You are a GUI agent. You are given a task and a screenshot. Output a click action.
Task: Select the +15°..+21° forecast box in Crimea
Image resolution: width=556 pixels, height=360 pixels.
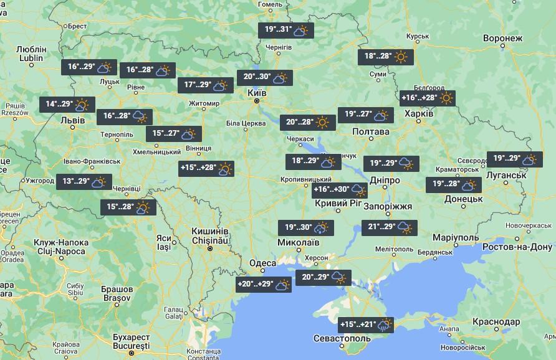[367, 324]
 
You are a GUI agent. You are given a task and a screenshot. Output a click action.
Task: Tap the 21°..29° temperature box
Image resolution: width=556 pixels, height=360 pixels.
[388, 227]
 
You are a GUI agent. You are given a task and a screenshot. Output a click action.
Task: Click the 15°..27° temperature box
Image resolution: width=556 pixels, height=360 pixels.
[174, 134]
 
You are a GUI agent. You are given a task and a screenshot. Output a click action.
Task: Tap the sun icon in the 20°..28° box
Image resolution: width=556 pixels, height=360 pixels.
[322, 122]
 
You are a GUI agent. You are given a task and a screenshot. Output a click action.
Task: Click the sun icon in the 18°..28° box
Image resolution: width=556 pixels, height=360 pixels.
[401, 57]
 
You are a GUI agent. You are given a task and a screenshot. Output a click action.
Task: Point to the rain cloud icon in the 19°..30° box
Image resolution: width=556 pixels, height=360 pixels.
[323, 228]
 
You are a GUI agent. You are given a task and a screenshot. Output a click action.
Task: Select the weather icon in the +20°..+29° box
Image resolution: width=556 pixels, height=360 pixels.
[282, 285]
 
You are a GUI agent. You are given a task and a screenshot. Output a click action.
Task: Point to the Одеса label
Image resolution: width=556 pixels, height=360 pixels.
[262, 263]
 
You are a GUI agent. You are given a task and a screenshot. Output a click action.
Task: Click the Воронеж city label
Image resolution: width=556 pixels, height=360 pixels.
[502, 39]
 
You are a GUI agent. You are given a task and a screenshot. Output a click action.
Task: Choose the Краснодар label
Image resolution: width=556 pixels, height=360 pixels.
[496, 321]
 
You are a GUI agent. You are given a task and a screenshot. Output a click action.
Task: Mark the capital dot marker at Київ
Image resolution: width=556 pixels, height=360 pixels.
[256, 100]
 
